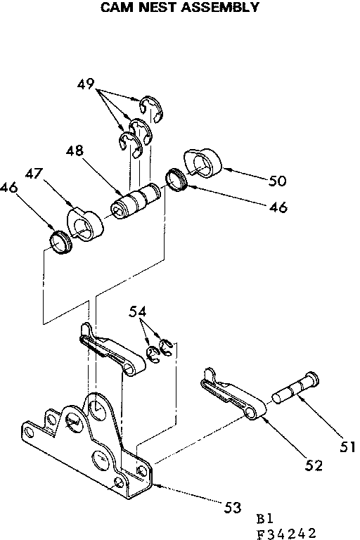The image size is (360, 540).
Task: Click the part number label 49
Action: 87,86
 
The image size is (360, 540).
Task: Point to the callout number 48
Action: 76,151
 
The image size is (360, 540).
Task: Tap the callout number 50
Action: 278,181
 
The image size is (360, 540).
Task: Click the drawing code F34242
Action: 285,533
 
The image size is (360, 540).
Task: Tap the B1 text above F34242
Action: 265,518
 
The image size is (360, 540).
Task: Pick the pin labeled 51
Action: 295,390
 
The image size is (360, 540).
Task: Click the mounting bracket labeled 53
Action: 91,450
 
